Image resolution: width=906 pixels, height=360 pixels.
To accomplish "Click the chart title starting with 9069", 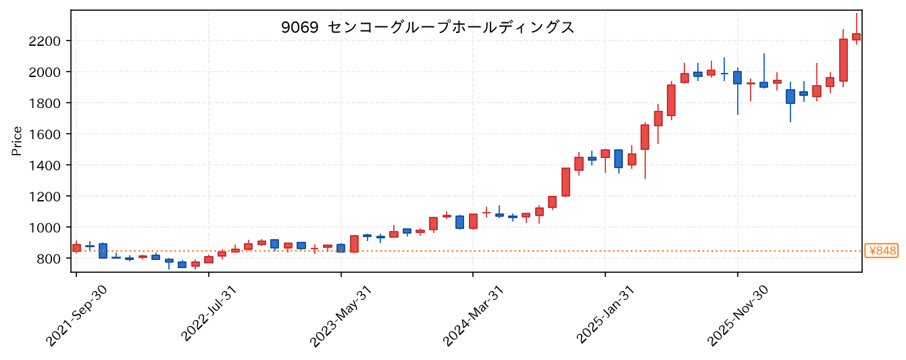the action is [428, 28].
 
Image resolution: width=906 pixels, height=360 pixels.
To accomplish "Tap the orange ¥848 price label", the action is [882, 251].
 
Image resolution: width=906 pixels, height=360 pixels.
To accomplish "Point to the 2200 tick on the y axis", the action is [44, 41].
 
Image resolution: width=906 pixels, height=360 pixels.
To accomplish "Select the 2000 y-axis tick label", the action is [44, 72].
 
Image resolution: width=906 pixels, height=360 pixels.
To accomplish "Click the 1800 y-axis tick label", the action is [44, 103].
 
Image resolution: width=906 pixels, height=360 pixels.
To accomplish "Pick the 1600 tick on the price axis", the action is [44, 134].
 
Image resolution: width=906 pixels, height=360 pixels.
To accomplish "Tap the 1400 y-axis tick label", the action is [44, 165].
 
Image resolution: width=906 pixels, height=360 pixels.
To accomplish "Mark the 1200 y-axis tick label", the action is [44, 197].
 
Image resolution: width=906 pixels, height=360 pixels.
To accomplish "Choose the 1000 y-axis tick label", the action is [44, 228].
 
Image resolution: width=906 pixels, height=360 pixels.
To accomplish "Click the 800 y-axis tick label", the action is [48, 259].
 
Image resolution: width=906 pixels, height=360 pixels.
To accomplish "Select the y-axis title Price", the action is [17, 141].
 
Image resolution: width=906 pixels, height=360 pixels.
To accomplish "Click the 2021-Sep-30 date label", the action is [76, 315].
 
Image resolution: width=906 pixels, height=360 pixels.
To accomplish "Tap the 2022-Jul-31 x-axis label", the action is [209, 314].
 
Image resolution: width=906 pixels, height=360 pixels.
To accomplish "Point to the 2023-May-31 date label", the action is [341, 315].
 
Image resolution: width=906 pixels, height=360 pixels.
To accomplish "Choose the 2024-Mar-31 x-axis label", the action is [473, 315].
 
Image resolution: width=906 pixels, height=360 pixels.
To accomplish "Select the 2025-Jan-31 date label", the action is [605, 315].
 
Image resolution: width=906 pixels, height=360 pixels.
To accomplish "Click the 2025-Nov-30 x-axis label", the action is [737, 315].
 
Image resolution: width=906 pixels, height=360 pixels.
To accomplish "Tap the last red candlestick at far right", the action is [856, 36].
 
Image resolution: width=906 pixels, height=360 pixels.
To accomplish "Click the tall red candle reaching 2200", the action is [843, 60].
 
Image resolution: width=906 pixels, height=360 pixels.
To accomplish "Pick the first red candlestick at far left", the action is [76, 248].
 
